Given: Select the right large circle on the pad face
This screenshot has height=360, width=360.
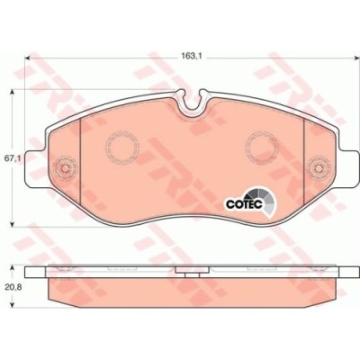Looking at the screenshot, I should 259,143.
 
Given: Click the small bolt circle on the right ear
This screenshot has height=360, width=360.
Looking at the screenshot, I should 315,168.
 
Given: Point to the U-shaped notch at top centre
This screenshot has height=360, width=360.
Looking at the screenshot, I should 189,106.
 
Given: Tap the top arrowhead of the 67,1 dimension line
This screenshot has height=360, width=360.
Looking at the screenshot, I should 12,93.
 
